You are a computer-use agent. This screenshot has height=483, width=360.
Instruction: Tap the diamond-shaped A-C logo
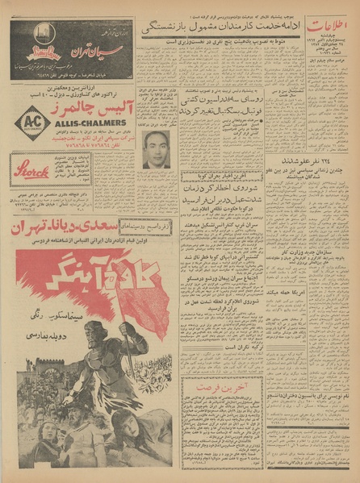(x=31, y=122)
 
